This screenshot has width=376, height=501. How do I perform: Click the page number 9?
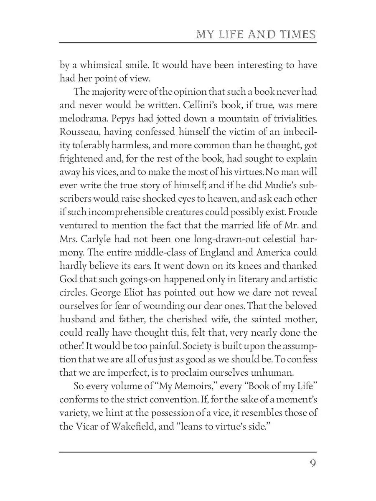pyautogui.click(x=312, y=464)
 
